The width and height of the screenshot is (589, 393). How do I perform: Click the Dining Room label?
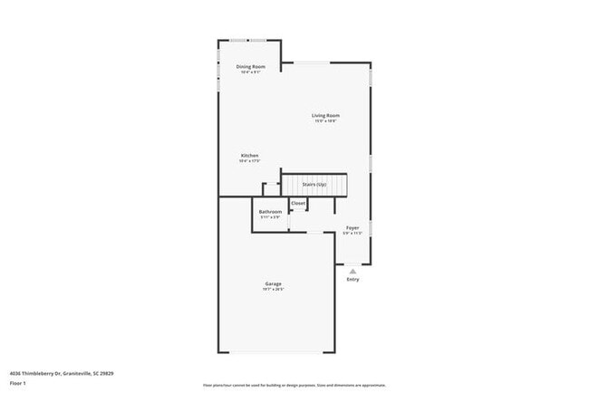(250, 66)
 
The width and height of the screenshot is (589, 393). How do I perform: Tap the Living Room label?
(325, 115)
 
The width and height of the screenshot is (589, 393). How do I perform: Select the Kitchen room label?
(249, 155)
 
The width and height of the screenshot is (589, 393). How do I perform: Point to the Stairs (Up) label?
(314, 185)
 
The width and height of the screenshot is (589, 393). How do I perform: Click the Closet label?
(297, 203)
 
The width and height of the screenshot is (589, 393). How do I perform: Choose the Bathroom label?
(270, 212)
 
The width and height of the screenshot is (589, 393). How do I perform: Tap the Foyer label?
(352, 227)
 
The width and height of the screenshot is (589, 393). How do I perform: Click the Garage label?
(273, 283)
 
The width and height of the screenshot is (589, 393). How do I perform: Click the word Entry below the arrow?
(352, 279)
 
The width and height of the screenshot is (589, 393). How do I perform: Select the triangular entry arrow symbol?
(352, 270)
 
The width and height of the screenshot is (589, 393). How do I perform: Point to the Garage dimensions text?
(273, 290)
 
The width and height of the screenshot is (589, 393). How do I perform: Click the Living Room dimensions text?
(325, 121)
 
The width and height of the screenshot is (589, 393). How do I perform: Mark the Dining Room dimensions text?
(250, 72)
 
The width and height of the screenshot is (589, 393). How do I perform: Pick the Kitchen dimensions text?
(249, 161)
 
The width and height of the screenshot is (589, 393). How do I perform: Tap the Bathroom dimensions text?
(270, 217)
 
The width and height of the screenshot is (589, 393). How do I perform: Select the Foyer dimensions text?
(352, 234)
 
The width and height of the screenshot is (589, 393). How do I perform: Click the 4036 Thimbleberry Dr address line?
(61, 373)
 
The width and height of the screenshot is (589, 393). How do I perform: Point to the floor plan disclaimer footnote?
(294, 384)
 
